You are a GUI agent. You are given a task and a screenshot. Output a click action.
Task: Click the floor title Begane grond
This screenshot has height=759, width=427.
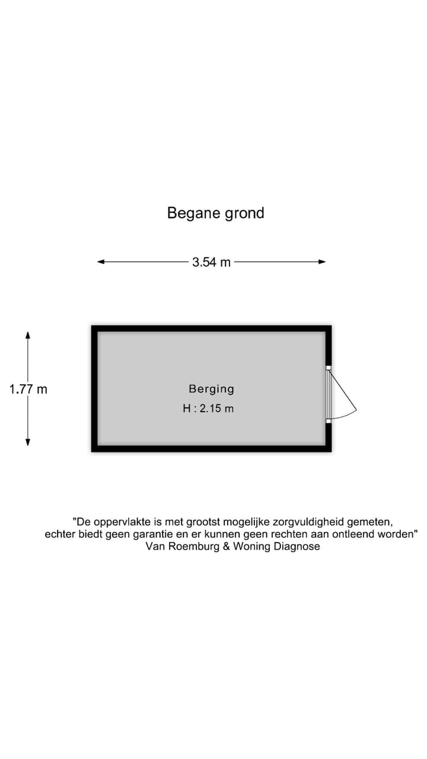click(215, 213)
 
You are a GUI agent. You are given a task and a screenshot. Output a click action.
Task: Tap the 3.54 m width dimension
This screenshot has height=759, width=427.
click(212, 262)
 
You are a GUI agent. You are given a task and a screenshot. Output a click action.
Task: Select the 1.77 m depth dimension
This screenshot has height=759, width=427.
click(28, 389)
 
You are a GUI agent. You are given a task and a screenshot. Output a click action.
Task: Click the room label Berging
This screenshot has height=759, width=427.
click(212, 388)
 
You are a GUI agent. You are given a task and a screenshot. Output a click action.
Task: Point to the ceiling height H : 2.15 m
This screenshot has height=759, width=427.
click(208, 409)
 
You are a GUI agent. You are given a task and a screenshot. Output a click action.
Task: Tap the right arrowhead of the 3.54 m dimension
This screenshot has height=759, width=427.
click(322, 261)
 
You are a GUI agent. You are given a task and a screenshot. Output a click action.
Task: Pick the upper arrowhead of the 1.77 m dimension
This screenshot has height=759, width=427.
click(28, 335)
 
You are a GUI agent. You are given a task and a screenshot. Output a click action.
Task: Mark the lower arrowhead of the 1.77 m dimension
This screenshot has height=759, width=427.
click(28, 442)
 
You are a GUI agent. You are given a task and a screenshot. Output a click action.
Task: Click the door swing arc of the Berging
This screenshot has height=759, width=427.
click(346, 416)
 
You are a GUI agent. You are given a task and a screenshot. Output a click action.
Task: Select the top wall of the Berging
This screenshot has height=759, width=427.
click(212, 329)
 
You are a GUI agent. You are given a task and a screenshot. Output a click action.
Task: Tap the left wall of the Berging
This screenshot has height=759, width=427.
click(94, 388)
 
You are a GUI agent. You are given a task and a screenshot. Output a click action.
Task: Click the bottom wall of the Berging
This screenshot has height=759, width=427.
click(212, 449)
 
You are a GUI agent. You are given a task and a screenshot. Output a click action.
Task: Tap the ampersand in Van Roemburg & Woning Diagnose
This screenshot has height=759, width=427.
click(227, 546)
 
